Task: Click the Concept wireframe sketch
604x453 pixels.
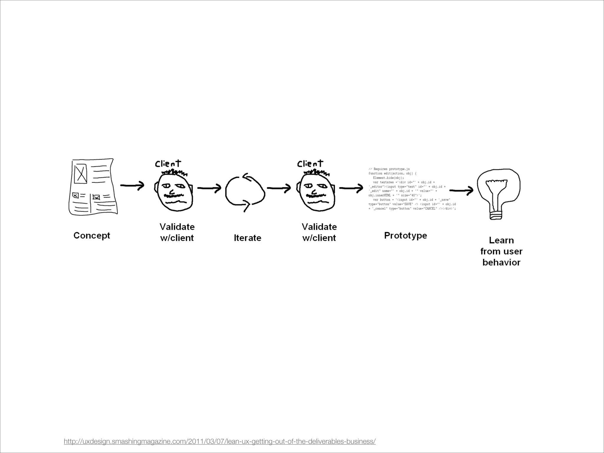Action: coord(93,187)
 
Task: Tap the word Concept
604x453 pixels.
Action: coord(92,235)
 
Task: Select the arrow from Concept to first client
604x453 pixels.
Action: coord(132,185)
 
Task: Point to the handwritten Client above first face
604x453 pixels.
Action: coord(168,163)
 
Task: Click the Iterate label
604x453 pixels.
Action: coord(247,238)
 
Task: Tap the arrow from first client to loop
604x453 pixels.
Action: coord(209,188)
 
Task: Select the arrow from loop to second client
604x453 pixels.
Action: coord(279,188)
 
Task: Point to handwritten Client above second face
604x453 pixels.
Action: coord(310,163)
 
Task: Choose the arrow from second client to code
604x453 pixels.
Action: coord(351,188)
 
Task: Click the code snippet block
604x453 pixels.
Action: coord(412,189)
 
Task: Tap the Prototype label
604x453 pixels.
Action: coord(406,235)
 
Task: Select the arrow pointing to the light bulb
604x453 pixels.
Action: coord(461,191)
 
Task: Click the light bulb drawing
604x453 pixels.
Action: coord(498,192)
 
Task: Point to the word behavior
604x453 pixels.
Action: coord(501,262)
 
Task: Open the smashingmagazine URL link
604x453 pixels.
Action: coord(220,441)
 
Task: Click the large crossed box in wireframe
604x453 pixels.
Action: coord(81,174)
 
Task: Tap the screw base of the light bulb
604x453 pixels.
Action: coord(496,215)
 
